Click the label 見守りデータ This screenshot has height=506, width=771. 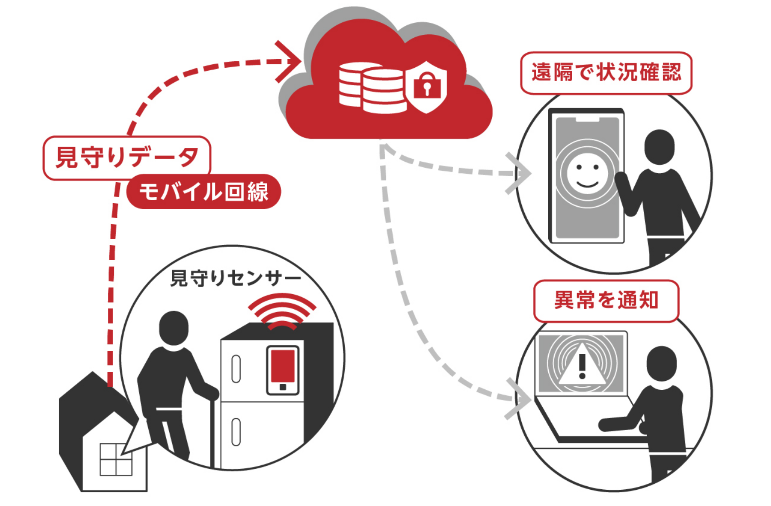(127, 157)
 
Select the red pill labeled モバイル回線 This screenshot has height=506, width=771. (204, 191)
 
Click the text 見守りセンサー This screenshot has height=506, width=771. (235, 278)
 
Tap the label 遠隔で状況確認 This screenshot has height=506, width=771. (606, 72)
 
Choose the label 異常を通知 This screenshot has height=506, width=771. (606, 300)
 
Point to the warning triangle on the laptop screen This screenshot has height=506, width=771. (582, 365)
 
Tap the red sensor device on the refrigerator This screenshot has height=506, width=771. (283, 369)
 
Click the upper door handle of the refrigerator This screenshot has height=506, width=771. (236, 369)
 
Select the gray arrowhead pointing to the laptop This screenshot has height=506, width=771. (520, 399)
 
